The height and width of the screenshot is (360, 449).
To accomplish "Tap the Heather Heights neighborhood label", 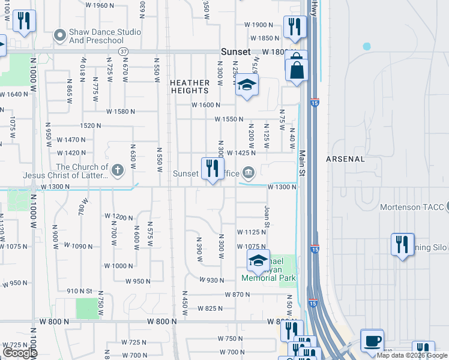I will click(x=189, y=86).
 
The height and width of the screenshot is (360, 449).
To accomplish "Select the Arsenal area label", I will click(x=345, y=159).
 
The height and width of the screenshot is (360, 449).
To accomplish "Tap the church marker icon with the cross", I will click(x=118, y=170).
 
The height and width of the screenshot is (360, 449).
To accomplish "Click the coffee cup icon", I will click(x=372, y=341).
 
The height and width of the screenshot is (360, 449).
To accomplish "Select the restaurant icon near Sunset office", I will click(x=212, y=169).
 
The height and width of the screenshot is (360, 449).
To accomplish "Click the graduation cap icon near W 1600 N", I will click(x=246, y=85).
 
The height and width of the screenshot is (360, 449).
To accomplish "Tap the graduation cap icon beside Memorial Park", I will click(x=258, y=260).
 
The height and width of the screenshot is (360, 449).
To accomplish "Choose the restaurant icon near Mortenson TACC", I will click(x=402, y=244).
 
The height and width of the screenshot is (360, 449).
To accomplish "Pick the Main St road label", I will click(x=303, y=163).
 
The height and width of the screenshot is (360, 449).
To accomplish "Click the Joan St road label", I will click(x=267, y=217).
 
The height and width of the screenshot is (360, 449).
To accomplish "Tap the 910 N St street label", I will click(x=80, y=291).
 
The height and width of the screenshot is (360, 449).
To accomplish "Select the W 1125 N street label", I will click(x=251, y=232).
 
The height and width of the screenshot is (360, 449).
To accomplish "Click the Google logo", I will click(x=19, y=352).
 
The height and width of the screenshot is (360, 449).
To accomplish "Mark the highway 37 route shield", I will click(x=122, y=52).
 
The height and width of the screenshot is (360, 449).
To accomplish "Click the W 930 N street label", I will click(x=211, y=280).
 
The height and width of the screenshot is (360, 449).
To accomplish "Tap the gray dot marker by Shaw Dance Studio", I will click(x=59, y=36).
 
